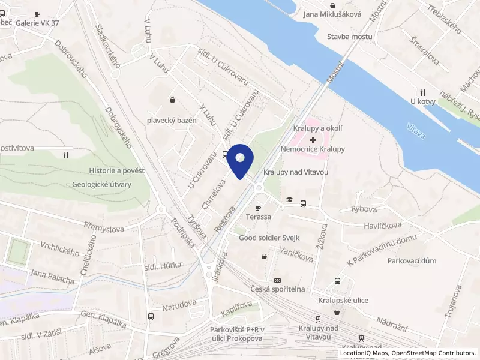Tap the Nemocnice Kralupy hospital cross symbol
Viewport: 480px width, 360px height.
click(x=313, y=139)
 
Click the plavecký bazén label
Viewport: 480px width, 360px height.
click(x=172, y=120)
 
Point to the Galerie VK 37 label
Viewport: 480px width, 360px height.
click(x=37, y=23)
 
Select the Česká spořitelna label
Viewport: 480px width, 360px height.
click(x=278, y=289)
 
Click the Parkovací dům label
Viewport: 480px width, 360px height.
click(x=412, y=261)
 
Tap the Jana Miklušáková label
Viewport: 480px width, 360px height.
click(x=332, y=14)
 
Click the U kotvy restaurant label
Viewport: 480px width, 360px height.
click(x=422, y=101)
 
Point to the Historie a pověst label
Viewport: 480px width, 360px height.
click(x=117, y=171)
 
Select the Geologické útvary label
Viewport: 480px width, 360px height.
click(x=101, y=185)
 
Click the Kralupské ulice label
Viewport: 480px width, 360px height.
click(x=343, y=300)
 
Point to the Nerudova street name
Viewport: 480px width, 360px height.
click(x=179, y=303)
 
